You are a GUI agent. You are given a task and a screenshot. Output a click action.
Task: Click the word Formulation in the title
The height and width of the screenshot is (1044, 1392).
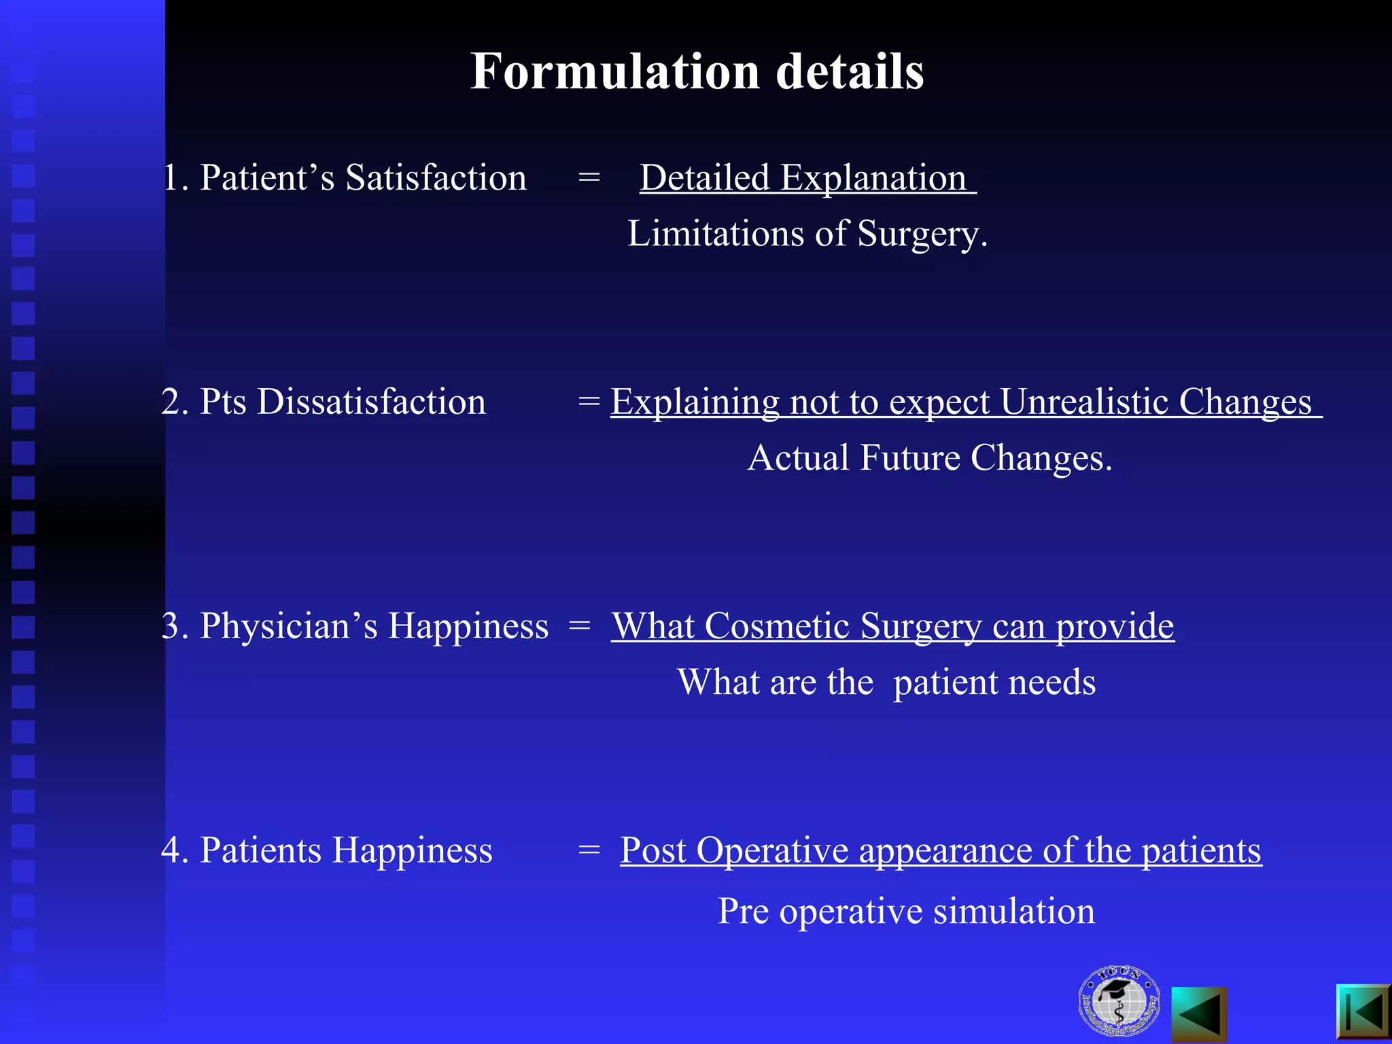pos(615,71)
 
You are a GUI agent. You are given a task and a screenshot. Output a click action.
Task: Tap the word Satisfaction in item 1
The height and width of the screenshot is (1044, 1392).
pos(436,178)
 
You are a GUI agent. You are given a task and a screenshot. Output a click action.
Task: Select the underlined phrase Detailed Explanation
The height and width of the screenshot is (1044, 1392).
pos(803,178)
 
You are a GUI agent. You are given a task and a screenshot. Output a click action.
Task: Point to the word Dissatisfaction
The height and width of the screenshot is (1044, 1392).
pos(372,402)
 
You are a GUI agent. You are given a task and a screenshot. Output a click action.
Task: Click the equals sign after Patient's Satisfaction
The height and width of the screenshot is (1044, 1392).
pos(589,178)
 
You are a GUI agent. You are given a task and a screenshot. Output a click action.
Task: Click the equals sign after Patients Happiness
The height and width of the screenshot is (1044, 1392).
pos(589,850)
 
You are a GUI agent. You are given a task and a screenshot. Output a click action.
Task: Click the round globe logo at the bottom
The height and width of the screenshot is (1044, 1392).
pos(1118,1001)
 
